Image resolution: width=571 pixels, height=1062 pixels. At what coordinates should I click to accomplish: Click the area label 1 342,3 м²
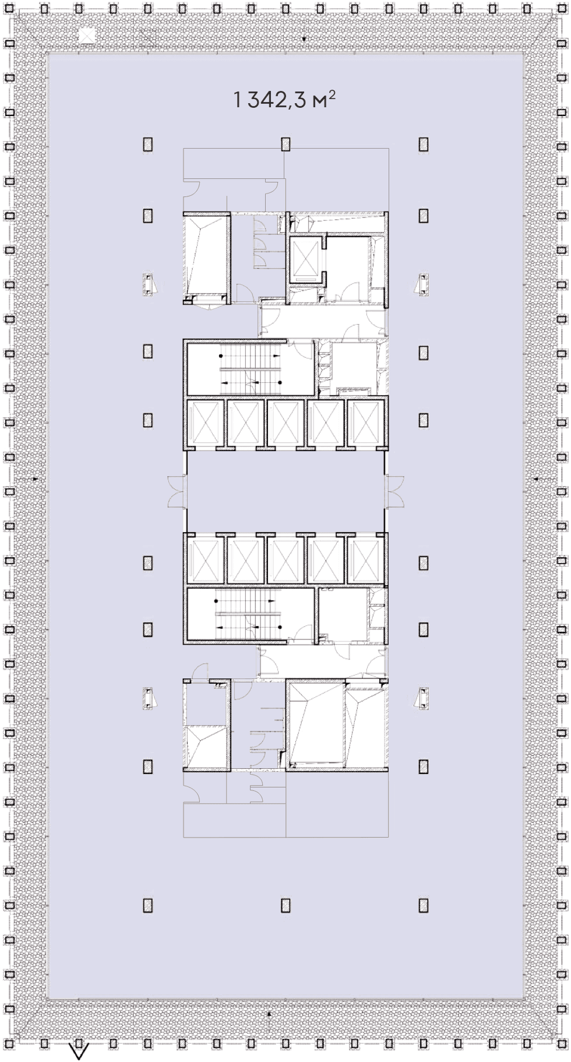coord(284,100)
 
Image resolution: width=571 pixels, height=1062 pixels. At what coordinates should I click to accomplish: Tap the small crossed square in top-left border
coord(87,36)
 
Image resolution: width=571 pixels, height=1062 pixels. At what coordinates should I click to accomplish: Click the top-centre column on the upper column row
coord(285,144)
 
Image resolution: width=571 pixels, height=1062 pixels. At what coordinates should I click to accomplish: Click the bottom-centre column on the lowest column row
coord(285,905)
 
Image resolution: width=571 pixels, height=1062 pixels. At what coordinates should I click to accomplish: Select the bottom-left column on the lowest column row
coord(148,905)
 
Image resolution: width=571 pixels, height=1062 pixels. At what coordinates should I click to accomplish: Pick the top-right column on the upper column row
coord(424,144)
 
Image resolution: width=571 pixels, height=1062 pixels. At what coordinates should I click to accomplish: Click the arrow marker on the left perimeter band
coord(36,479)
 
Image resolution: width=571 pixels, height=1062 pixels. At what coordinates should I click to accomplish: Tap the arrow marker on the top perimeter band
coord(304,39)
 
